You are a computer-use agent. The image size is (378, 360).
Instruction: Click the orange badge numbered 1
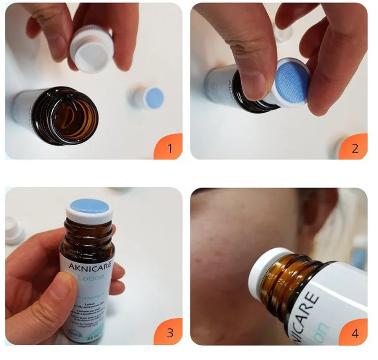coord(169,147)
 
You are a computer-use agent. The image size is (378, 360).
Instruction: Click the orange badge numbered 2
coord(354,147)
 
